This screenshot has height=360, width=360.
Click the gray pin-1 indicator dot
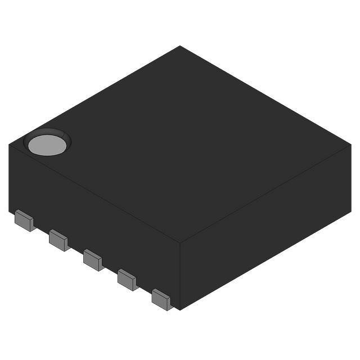pyautogui.click(x=47, y=145)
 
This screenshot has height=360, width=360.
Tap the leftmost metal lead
pyautogui.click(x=24, y=220)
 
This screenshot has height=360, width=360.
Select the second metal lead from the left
pyautogui.click(x=58, y=240)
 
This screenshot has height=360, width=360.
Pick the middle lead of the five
pyautogui.click(x=93, y=259)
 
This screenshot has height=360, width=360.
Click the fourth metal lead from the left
pyautogui.click(x=128, y=279)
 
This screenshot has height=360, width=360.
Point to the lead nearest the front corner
pyautogui.click(x=162, y=299)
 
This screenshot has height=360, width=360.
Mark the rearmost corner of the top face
pyautogui.click(x=180, y=46)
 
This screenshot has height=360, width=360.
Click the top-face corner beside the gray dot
pyautogui.click(x=10, y=145)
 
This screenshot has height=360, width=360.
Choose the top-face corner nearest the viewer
pyautogui.click(x=179, y=243)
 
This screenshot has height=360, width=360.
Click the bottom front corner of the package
pyautogui.click(x=178, y=309)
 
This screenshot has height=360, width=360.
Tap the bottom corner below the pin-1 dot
pyautogui.click(x=10, y=211)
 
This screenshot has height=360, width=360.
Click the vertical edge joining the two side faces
pyautogui.click(x=179, y=276)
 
